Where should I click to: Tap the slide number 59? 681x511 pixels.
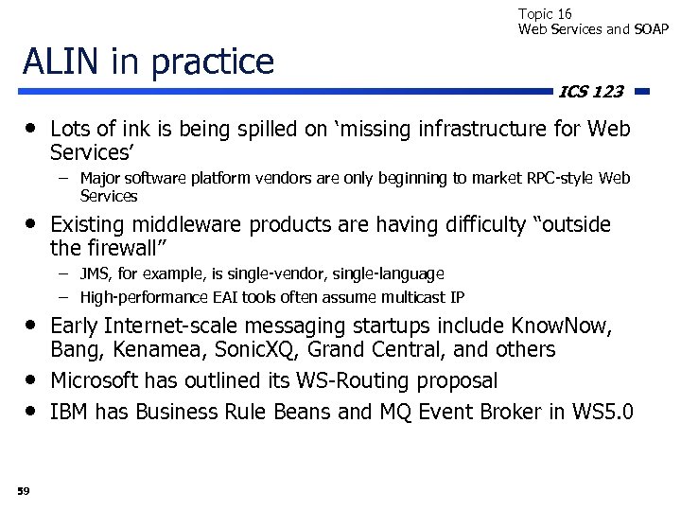pos(23,489)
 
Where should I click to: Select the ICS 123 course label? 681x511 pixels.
pos(591,92)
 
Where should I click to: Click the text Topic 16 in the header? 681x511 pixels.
pos(545,13)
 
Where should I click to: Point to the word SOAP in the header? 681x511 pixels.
pos(651,28)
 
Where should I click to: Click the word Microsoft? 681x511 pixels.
pos(95,380)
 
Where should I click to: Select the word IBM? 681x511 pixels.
pos(69,412)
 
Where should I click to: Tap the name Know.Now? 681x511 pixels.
pos(561,326)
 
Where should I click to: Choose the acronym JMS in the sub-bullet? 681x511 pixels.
pos(94,273)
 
